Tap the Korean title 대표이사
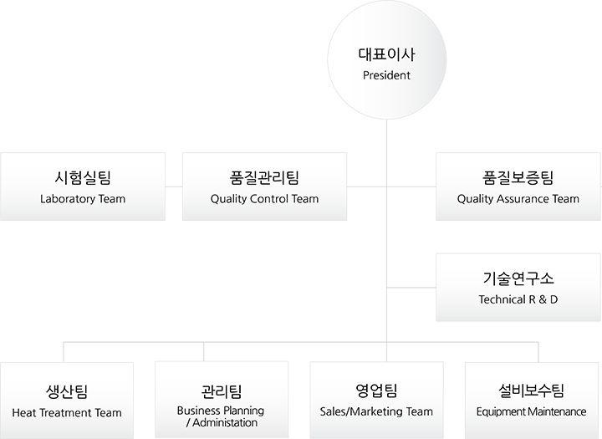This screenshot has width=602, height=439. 385,56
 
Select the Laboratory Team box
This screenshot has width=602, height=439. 82,186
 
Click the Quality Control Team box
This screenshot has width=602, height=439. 264,186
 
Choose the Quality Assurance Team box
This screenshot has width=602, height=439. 518,186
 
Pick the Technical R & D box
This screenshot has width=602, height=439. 518,287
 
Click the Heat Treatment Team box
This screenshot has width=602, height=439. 67,400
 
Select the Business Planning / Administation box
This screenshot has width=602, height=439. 222,400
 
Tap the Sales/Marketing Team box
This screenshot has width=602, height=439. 376,400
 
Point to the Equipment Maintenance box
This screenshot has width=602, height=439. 532,400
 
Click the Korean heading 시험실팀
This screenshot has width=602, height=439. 82,177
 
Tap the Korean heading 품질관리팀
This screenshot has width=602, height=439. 264,177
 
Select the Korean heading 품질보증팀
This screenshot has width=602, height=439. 518,177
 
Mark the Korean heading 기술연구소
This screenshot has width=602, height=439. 518,278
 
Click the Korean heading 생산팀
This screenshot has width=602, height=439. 67,391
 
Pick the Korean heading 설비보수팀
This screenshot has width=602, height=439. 532,391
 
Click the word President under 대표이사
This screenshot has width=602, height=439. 386,76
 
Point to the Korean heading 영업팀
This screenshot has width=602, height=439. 376,391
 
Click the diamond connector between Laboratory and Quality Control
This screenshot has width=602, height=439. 173,186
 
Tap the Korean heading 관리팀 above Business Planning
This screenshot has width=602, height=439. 222,390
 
